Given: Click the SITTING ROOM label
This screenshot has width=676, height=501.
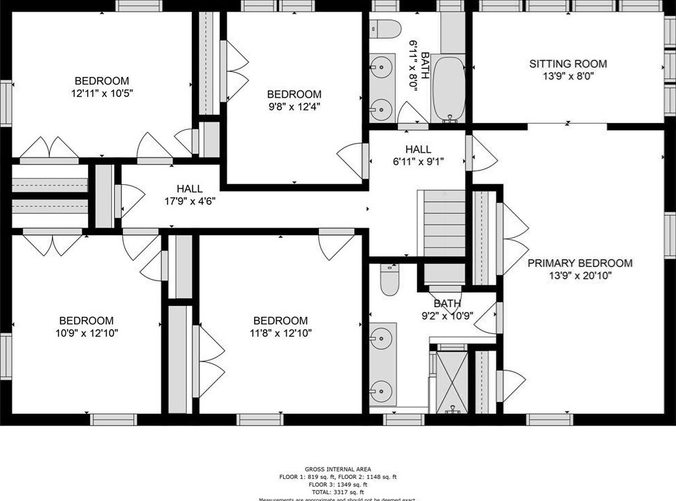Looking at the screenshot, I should [567, 64].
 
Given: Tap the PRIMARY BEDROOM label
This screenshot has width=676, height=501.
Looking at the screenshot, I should [580, 263].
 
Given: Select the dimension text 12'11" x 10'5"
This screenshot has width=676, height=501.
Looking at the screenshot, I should [102, 93].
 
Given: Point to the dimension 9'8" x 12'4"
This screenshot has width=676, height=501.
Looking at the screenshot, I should [294, 107].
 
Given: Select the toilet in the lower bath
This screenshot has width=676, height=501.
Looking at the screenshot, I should [389, 281].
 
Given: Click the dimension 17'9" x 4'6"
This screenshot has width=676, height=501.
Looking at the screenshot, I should [189, 202].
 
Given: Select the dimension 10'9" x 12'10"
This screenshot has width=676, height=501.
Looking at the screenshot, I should [86, 333].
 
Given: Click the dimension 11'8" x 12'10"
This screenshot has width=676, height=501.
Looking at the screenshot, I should [280, 333].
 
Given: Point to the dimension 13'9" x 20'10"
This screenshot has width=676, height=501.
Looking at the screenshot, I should [580, 276].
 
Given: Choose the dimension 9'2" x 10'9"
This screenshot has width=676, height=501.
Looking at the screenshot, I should [447, 316].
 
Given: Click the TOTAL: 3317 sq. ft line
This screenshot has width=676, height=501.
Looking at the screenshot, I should [337, 492].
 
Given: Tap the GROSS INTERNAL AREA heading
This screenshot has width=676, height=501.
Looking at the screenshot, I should [337, 469].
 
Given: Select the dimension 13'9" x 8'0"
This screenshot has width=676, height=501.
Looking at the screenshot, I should [567, 77].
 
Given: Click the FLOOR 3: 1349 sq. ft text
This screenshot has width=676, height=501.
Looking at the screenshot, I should [337, 485].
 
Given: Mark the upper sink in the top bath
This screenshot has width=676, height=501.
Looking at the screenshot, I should [381, 67].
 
